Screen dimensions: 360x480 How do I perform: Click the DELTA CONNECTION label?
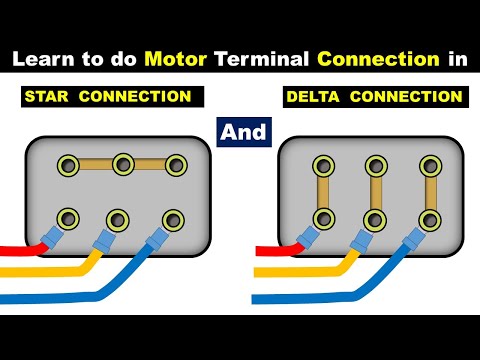pos(373,98)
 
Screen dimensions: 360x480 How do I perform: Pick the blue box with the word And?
pos(241,129)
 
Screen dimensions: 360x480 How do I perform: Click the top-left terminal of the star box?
pos(70,164)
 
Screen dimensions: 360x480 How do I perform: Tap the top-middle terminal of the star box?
pos(124,164)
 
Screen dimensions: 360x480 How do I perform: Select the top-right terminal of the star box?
pos(176,164)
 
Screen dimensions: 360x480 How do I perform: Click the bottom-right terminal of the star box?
pos(175,218)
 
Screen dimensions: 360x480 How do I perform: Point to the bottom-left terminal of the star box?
pos(70,218)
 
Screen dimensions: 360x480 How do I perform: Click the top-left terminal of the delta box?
pos(322,164)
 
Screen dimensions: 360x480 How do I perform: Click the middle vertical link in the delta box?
pos(375,191)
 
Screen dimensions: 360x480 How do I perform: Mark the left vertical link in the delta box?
pos(322,191)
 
